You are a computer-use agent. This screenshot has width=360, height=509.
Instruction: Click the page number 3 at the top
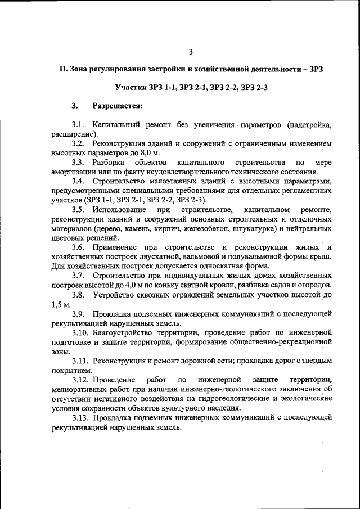(191, 52)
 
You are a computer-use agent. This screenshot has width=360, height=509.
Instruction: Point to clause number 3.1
(78, 124)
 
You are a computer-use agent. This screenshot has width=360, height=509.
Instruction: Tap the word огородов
(312, 285)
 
